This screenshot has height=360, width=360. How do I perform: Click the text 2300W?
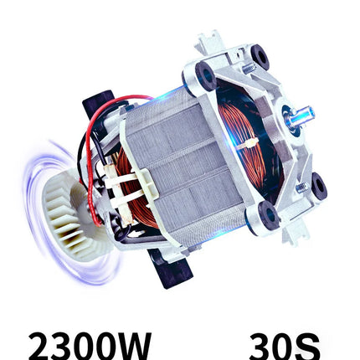[90, 346]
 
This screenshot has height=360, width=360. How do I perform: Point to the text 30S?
[285, 346]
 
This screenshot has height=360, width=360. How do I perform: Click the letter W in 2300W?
[131, 346]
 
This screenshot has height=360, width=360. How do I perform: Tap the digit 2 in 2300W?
[39, 346]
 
